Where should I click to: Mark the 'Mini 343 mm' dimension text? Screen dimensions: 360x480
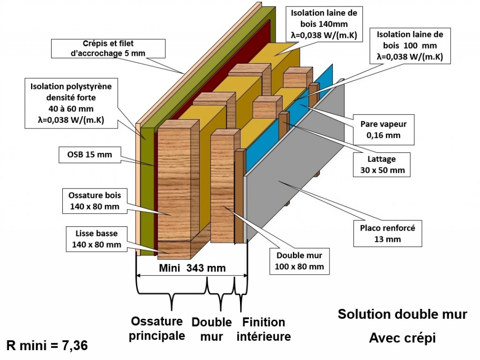[x=192, y=269]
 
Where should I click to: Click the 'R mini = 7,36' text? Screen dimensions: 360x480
[x=47, y=346]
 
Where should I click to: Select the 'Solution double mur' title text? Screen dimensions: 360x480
[x=402, y=314]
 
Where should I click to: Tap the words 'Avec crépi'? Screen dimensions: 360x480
[x=402, y=337]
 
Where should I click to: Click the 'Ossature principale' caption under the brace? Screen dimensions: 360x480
[x=157, y=329]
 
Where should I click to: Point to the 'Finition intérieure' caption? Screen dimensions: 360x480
[x=263, y=329]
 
